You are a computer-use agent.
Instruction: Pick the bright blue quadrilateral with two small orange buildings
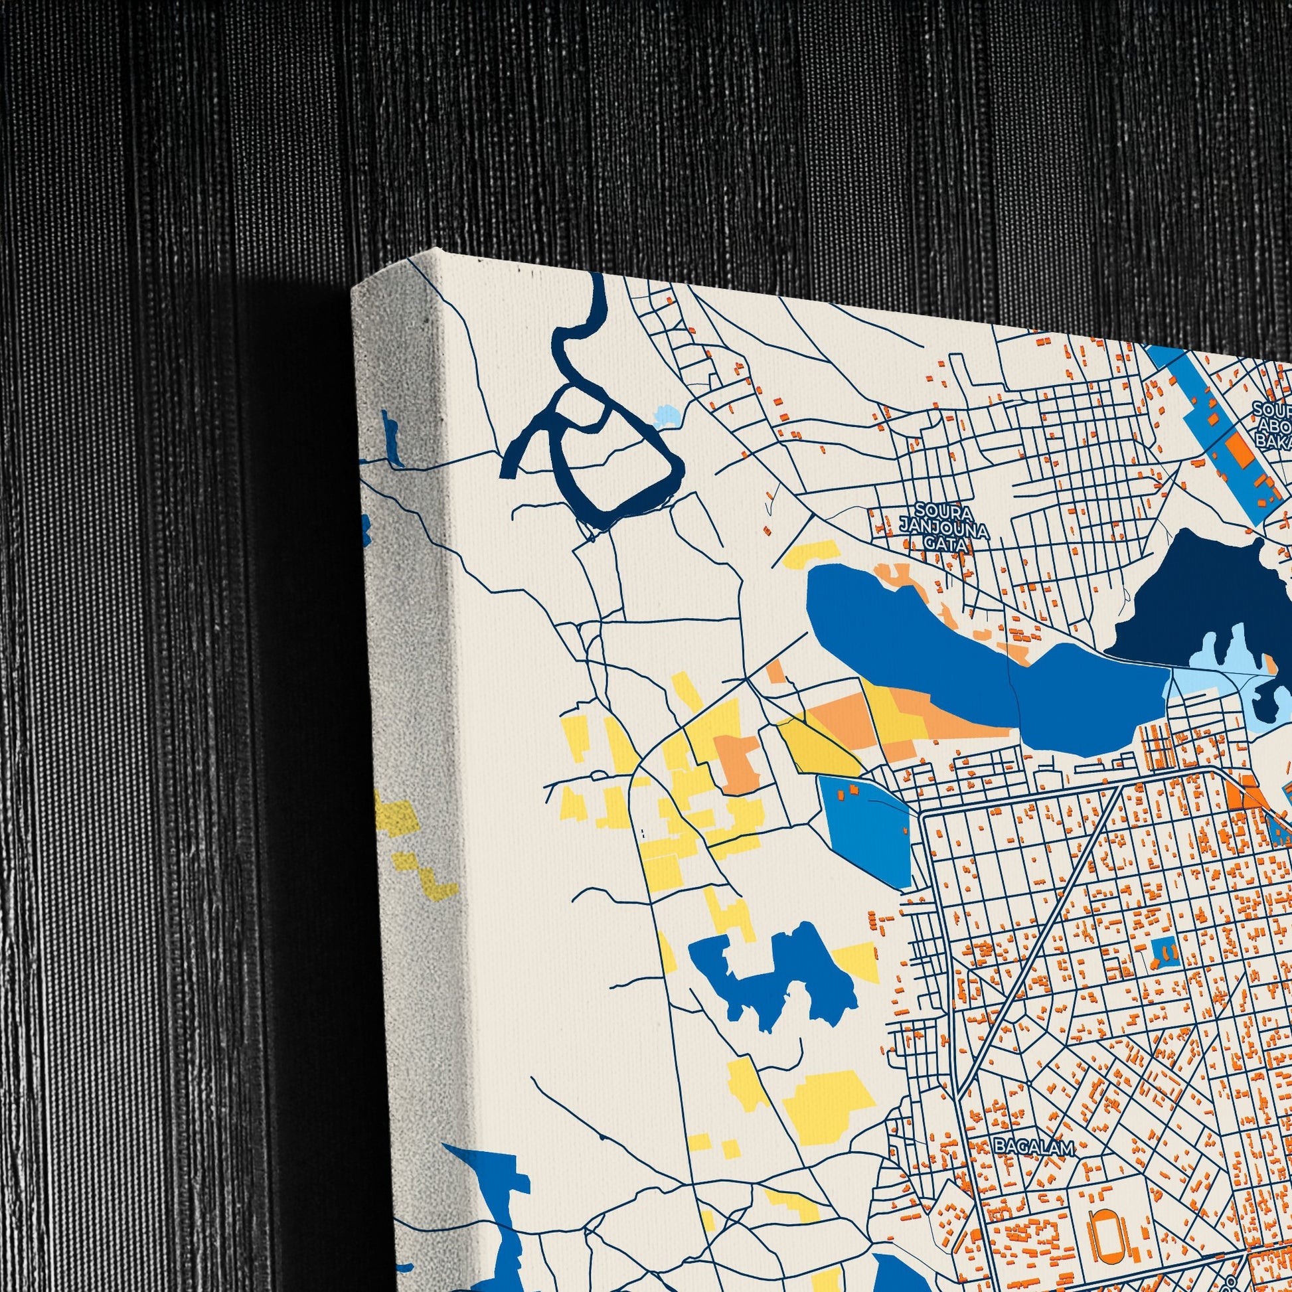862,829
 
